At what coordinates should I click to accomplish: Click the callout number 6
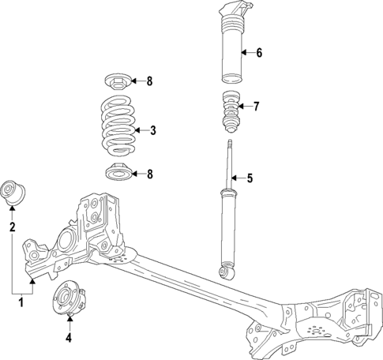258,54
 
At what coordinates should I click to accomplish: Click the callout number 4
69,339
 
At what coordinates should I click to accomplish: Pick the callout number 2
12,228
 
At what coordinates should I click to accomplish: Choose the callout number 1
21,300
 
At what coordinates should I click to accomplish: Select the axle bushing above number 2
14,192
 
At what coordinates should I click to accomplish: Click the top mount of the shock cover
231,13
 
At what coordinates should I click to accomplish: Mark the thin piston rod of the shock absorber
230,162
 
